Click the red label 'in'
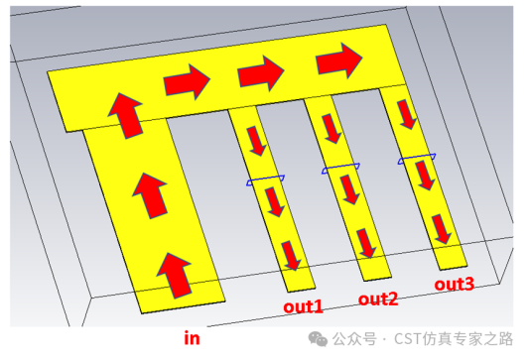(192, 338)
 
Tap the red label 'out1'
(303, 306)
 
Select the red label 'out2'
(378, 300)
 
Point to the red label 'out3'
(455, 284)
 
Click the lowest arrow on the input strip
(175, 276)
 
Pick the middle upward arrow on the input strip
(150, 195)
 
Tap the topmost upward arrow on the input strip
(126, 116)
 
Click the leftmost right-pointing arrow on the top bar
(187, 81)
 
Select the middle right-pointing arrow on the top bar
(261, 73)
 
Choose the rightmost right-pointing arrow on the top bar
(339, 60)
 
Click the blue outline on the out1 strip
(266, 180)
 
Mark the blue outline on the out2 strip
(340, 169)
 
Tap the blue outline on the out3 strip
(417, 159)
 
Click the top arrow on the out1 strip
(256, 141)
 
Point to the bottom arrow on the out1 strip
(291, 256)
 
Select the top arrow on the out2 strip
(331, 129)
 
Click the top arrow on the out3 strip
(407, 114)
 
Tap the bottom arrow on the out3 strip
(442, 229)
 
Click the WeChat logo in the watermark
(318, 339)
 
